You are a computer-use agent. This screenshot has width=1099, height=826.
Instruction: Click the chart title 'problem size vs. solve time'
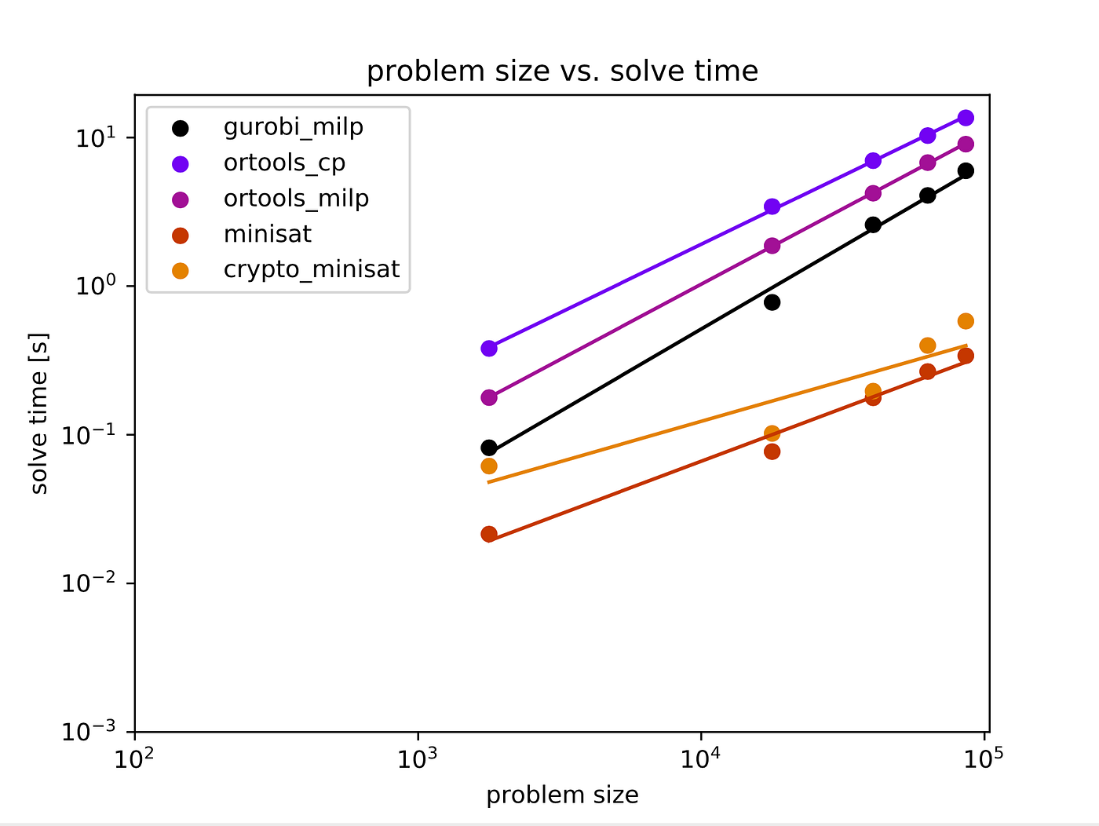coord(562,71)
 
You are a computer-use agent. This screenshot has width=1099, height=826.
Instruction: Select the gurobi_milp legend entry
coord(293,127)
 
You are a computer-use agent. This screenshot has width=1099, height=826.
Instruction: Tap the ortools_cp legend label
coord(284,163)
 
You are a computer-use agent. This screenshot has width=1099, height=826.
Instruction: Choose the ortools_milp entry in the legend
coord(296,199)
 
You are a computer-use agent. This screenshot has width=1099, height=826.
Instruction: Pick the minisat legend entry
coord(267,234)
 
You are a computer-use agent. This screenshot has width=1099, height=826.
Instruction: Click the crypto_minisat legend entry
coord(311,269)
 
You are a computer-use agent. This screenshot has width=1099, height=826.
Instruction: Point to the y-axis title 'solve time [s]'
coord(39,414)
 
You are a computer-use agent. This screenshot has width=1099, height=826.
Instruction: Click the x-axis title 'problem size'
coord(562,795)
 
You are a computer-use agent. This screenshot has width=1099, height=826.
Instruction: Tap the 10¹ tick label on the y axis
coord(95,138)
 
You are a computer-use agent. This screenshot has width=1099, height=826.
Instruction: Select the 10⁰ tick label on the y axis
coord(95,287)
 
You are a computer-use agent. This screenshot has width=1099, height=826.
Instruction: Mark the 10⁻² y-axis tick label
coord(88,583)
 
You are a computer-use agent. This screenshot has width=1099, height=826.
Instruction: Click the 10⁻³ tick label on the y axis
coord(88,732)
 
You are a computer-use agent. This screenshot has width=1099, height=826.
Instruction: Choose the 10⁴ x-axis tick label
coord(700,758)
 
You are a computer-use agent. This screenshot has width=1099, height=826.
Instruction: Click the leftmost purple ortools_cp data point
coord(489,349)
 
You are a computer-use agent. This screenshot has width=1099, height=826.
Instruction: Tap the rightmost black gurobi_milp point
coord(966,171)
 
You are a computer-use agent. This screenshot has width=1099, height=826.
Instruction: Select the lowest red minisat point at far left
coord(489,535)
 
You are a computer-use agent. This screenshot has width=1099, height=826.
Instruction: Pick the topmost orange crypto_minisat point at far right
coord(966,321)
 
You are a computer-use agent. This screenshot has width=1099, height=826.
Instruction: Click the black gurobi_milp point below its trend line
coord(772,302)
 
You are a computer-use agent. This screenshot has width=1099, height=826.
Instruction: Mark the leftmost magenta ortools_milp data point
coord(489,398)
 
